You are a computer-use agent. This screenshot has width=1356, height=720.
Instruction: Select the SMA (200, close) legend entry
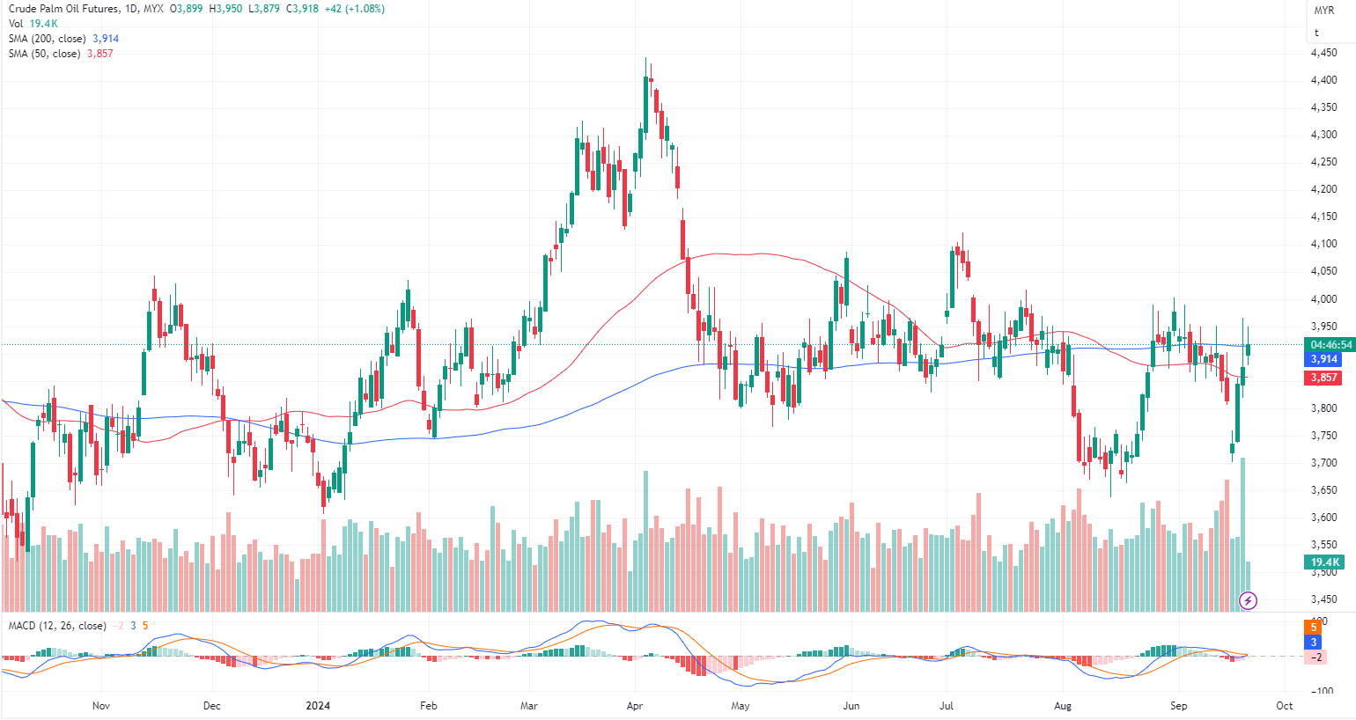[x=48, y=39]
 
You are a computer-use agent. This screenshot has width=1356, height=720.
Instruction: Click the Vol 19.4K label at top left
[x=33, y=24]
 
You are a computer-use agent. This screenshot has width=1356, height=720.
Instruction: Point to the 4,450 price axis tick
[x=1323, y=53]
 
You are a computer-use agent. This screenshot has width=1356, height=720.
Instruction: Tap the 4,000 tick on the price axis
[x=1323, y=299]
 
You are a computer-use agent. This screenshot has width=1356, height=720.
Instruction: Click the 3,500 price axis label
[x=1323, y=572]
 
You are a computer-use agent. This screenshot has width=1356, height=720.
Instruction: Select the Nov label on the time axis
[x=101, y=706]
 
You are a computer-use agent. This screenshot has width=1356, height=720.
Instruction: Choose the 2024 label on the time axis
[x=317, y=706]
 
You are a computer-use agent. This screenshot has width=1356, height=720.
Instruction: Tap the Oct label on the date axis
[x=1285, y=706]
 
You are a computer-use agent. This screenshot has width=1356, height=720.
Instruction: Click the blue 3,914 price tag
[x=1324, y=359]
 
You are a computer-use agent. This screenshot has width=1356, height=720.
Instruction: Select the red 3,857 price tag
[x=1324, y=378]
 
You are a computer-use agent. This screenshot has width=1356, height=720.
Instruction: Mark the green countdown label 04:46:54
[x=1330, y=345]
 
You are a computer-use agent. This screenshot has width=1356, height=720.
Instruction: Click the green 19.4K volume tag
[x=1324, y=562]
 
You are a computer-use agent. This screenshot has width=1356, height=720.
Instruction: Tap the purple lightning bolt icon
[x=1248, y=601]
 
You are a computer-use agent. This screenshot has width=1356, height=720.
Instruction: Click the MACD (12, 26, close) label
[x=57, y=626]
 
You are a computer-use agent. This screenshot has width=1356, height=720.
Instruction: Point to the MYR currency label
[x=1323, y=11]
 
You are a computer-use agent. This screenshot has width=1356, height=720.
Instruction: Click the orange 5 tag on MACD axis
[x=1314, y=627]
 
